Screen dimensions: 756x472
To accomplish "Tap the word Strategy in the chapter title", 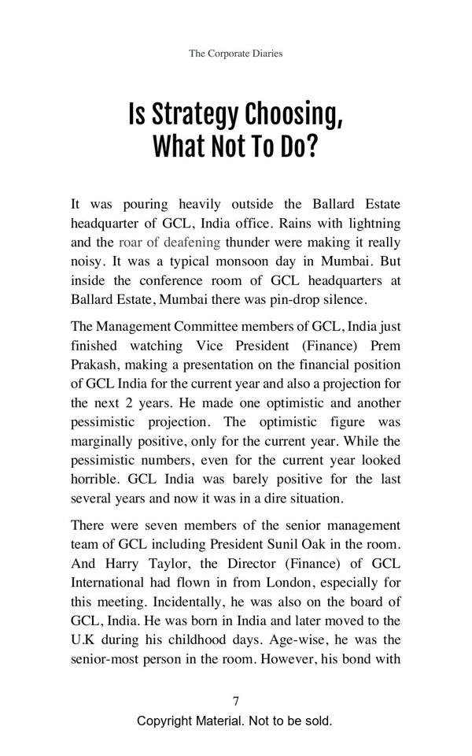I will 194,115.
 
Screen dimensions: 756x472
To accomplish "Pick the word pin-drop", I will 290,299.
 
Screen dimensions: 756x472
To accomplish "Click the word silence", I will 344,299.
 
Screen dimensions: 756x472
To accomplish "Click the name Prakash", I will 94,365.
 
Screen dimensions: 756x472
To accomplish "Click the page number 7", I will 236,702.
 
